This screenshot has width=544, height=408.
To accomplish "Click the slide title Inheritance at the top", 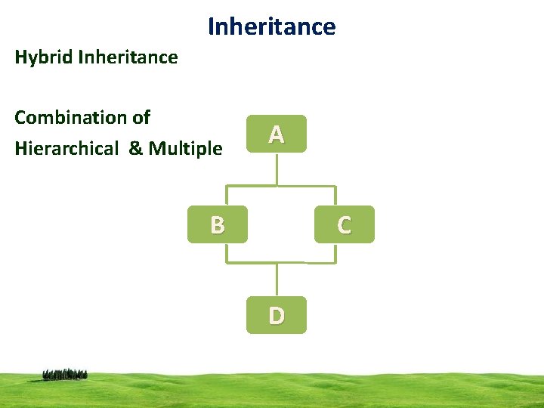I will point(271,27).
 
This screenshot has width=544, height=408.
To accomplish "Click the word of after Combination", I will point(141,118).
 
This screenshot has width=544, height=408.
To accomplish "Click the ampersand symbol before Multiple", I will point(136,148).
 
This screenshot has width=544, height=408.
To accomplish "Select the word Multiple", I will point(186,148).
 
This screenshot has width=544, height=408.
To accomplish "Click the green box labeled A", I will point(277,134).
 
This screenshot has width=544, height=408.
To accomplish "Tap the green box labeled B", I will point(218,224).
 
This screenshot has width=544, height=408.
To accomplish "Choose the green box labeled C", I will point(344,224).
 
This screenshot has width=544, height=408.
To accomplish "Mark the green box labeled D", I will point(277,314).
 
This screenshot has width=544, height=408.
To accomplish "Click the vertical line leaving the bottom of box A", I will point(277,168).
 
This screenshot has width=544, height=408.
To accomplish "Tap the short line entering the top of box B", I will point(227,196).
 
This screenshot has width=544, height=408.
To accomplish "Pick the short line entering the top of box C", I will point(335,196).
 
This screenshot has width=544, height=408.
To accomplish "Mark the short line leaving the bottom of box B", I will point(227,253).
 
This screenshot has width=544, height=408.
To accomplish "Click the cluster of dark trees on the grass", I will point(65,374).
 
